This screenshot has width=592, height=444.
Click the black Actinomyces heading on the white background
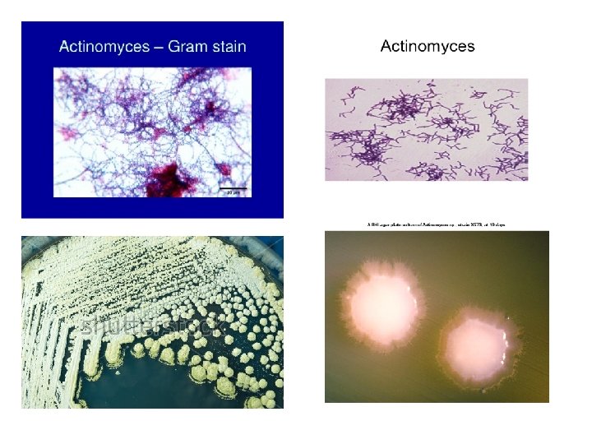427,46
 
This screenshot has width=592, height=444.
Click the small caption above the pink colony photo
436,224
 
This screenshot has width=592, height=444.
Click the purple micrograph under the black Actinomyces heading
426,129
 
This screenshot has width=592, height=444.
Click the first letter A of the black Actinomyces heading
386,46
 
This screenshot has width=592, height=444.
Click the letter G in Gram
173,46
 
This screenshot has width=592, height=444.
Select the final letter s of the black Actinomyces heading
470,47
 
